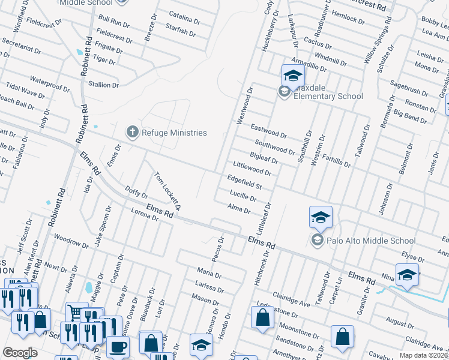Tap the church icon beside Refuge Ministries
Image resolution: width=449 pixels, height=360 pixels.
pos(132,132)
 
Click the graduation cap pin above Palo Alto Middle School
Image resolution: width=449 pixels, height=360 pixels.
pos(321,217)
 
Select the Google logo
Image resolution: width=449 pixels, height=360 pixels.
pos(19,353)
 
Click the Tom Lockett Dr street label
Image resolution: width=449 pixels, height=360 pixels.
pos(167,191)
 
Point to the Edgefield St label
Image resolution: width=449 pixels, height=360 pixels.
pos(244,182)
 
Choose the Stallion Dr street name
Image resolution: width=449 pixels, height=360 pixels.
pos(103,85)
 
